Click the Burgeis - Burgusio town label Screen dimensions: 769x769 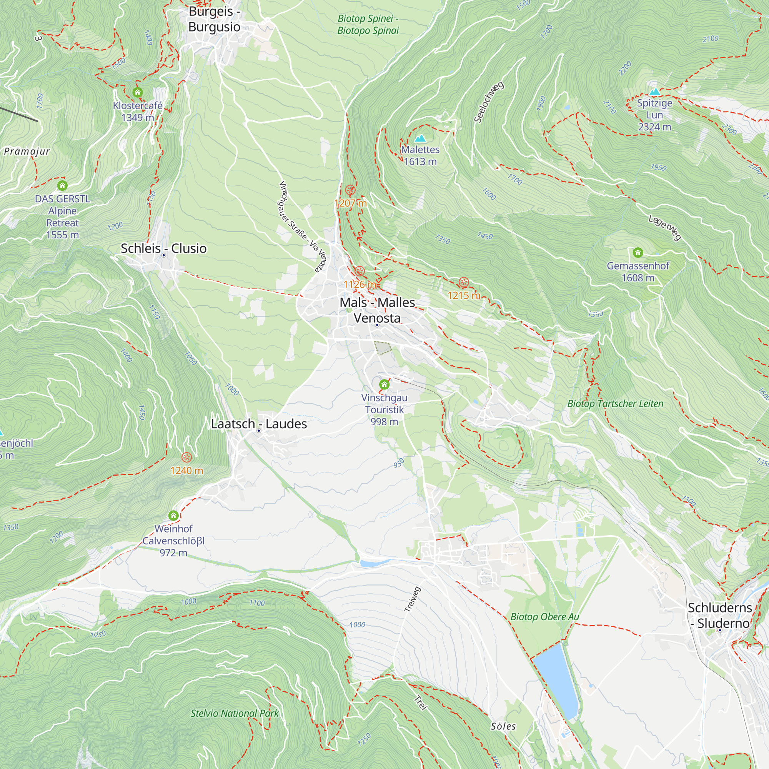coord(214,19)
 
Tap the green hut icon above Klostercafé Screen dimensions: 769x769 coord(137,93)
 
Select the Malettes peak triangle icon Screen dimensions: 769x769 coord(420,138)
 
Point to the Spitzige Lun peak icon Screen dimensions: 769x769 coord(654,92)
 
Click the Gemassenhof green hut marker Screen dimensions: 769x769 coord(638,252)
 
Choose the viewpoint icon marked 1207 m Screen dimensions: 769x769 coord(350,190)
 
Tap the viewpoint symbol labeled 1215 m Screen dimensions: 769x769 coord(463,283)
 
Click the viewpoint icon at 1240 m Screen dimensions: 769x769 coord(187,457)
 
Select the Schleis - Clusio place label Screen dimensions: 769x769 coord(163,248)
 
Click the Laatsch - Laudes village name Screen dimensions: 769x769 coord(259,424)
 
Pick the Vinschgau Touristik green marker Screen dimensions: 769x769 coord(384,384)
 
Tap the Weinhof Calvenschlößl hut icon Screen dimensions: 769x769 coord(173,516)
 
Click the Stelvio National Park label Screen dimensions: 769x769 coord(235,713)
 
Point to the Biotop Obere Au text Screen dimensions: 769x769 coord(544,617)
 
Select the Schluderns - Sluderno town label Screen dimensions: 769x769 coord(720,615)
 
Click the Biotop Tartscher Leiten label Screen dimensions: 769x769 coord(615,404)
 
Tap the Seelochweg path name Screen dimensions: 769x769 coord(489,102)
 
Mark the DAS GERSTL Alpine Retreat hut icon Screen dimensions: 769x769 coord(62,185)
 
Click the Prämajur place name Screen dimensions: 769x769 coord(27,151)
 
